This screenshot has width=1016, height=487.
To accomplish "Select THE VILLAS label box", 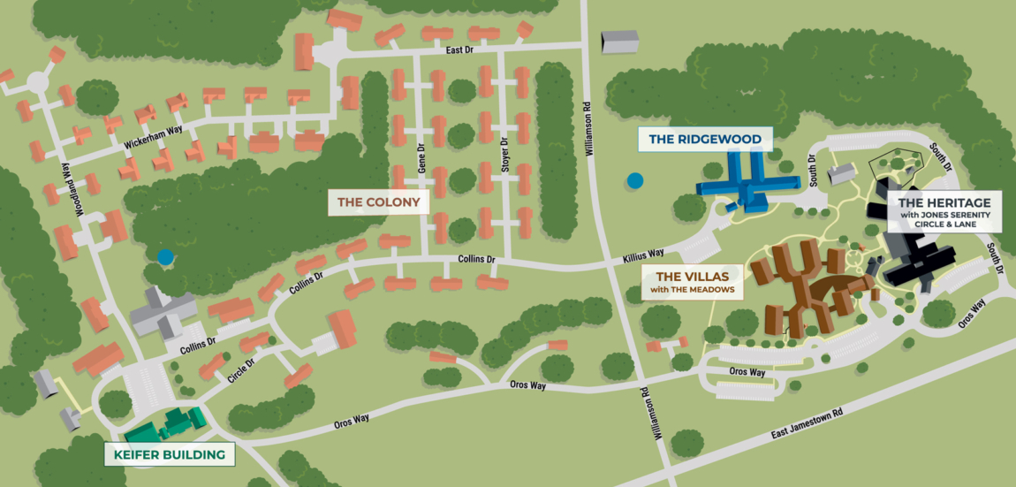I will [x=692, y=282].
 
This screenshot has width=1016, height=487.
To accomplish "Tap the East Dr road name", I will [x=460, y=50].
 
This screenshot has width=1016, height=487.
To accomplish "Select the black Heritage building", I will [x=919, y=256].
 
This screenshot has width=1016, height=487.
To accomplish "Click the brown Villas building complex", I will [x=800, y=287].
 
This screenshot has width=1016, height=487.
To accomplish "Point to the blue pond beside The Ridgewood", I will [x=634, y=180].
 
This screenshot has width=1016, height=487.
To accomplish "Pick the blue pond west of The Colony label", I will [x=165, y=257].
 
